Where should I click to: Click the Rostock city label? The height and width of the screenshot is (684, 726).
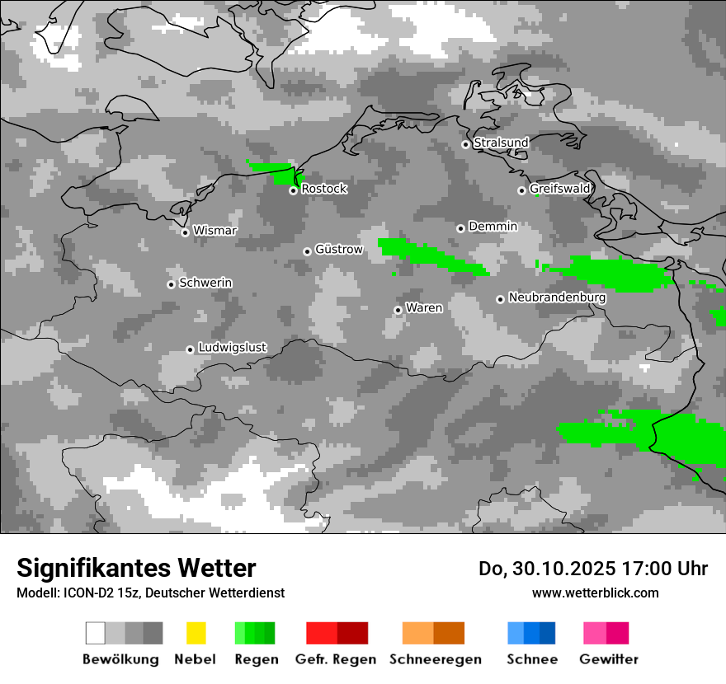tap(324, 189)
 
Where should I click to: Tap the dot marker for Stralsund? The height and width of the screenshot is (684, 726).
tap(465, 144)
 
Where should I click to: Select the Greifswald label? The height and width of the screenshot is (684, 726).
tap(560, 189)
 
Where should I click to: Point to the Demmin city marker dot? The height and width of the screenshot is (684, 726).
tap(460, 228)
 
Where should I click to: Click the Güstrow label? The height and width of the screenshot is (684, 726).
tap(339, 249)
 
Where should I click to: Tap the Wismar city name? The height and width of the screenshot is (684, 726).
tap(214, 231)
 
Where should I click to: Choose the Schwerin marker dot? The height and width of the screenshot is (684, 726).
tap(171, 284)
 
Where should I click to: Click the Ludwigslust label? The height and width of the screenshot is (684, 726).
tap(233, 348)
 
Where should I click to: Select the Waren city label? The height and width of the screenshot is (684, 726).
tap(424, 308)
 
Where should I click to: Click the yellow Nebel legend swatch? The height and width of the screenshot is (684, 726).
tap(196, 633)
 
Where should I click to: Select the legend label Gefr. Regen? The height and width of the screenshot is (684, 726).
tap(336, 659)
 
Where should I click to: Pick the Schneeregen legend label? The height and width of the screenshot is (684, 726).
tap(436, 659)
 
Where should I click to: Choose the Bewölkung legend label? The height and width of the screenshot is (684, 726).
tap(120, 659)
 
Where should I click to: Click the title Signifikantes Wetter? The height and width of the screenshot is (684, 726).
tap(136, 568)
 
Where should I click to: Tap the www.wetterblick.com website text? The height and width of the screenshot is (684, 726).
tap(596, 593)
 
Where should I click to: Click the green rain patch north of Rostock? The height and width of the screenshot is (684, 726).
tap(276, 171)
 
